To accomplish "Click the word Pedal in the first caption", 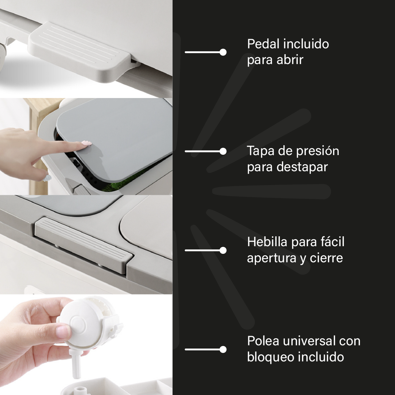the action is pyautogui.click(x=263, y=44).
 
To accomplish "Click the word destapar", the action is pyautogui.click(x=302, y=167).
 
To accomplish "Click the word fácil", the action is pyautogui.click(x=332, y=241).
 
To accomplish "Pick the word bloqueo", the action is pyautogui.click(x=270, y=357).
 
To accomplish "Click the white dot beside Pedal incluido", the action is pyautogui.click(x=223, y=52).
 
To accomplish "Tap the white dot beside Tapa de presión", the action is pyautogui.click(x=223, y=151).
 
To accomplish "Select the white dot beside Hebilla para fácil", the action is pyautogui.click(x=223, y=251).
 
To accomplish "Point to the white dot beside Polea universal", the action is pyautogui.click(x=223, y=349).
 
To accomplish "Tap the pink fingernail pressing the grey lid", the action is pyautogui.click(x=86, y=143).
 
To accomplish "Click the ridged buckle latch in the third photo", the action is pyautogui.click(x=83, y=244).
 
